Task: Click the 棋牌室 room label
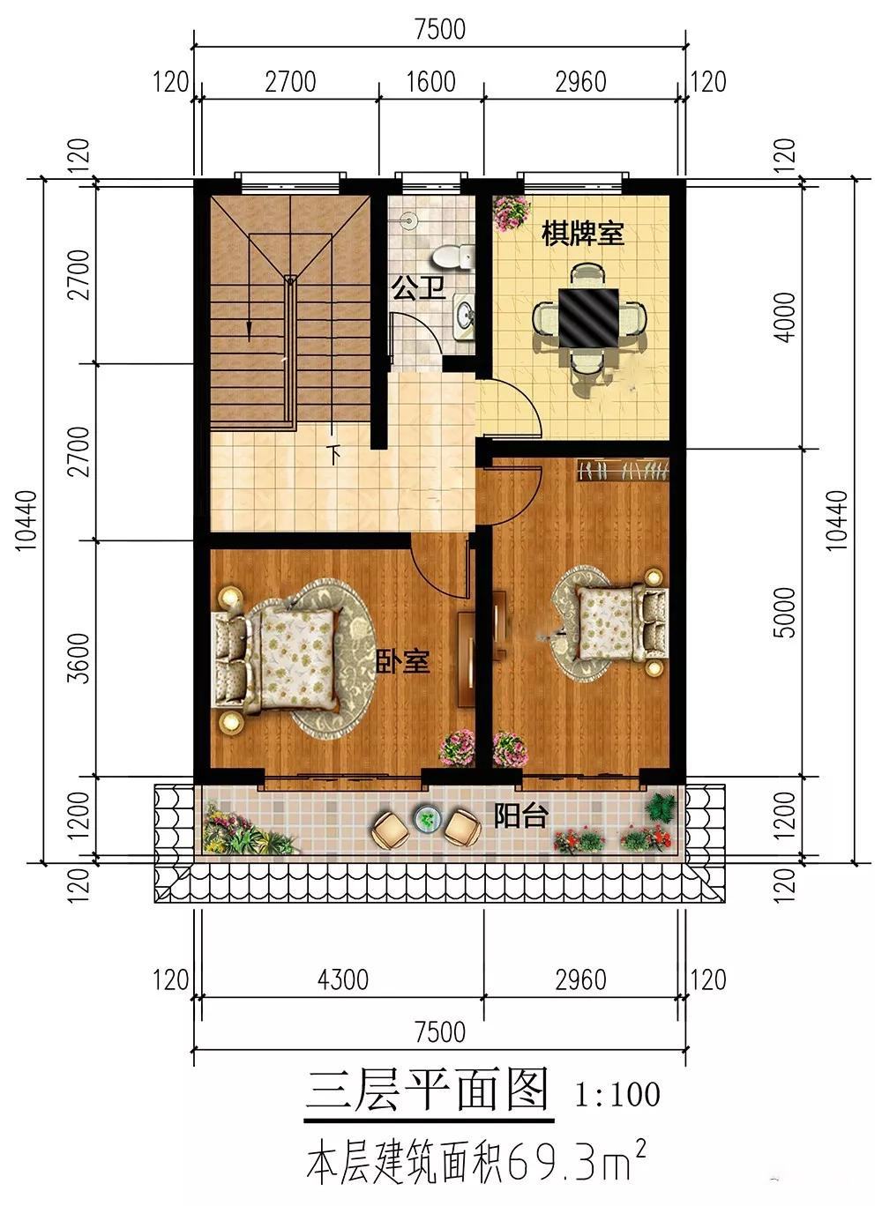pyautogui.click(x=582, y=234)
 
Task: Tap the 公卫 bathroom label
pyautogui.click(x=418, y=288)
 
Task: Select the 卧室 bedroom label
pyautogui.click(x=403, y=661)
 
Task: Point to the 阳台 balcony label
pyautogui.click(x=520, y=815)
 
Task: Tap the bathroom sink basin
pyautogui.click(x=464, y=316)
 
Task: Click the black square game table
pyautogui.click(x=588, y=318)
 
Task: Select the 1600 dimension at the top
pyautogui.click(x=430, y=82)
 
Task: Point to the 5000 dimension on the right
pyautogui.click(x=787, y=612)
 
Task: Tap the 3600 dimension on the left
pyautogui.click(x=79, y=658)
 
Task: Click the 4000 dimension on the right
pyautogui.click(x=787, y=317)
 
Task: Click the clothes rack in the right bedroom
pyautogui.click(x=623, y=470)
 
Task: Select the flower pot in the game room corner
pyautogui.click(x=511, y=212)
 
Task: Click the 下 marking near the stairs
pyautogui.click(x=334, y=455)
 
